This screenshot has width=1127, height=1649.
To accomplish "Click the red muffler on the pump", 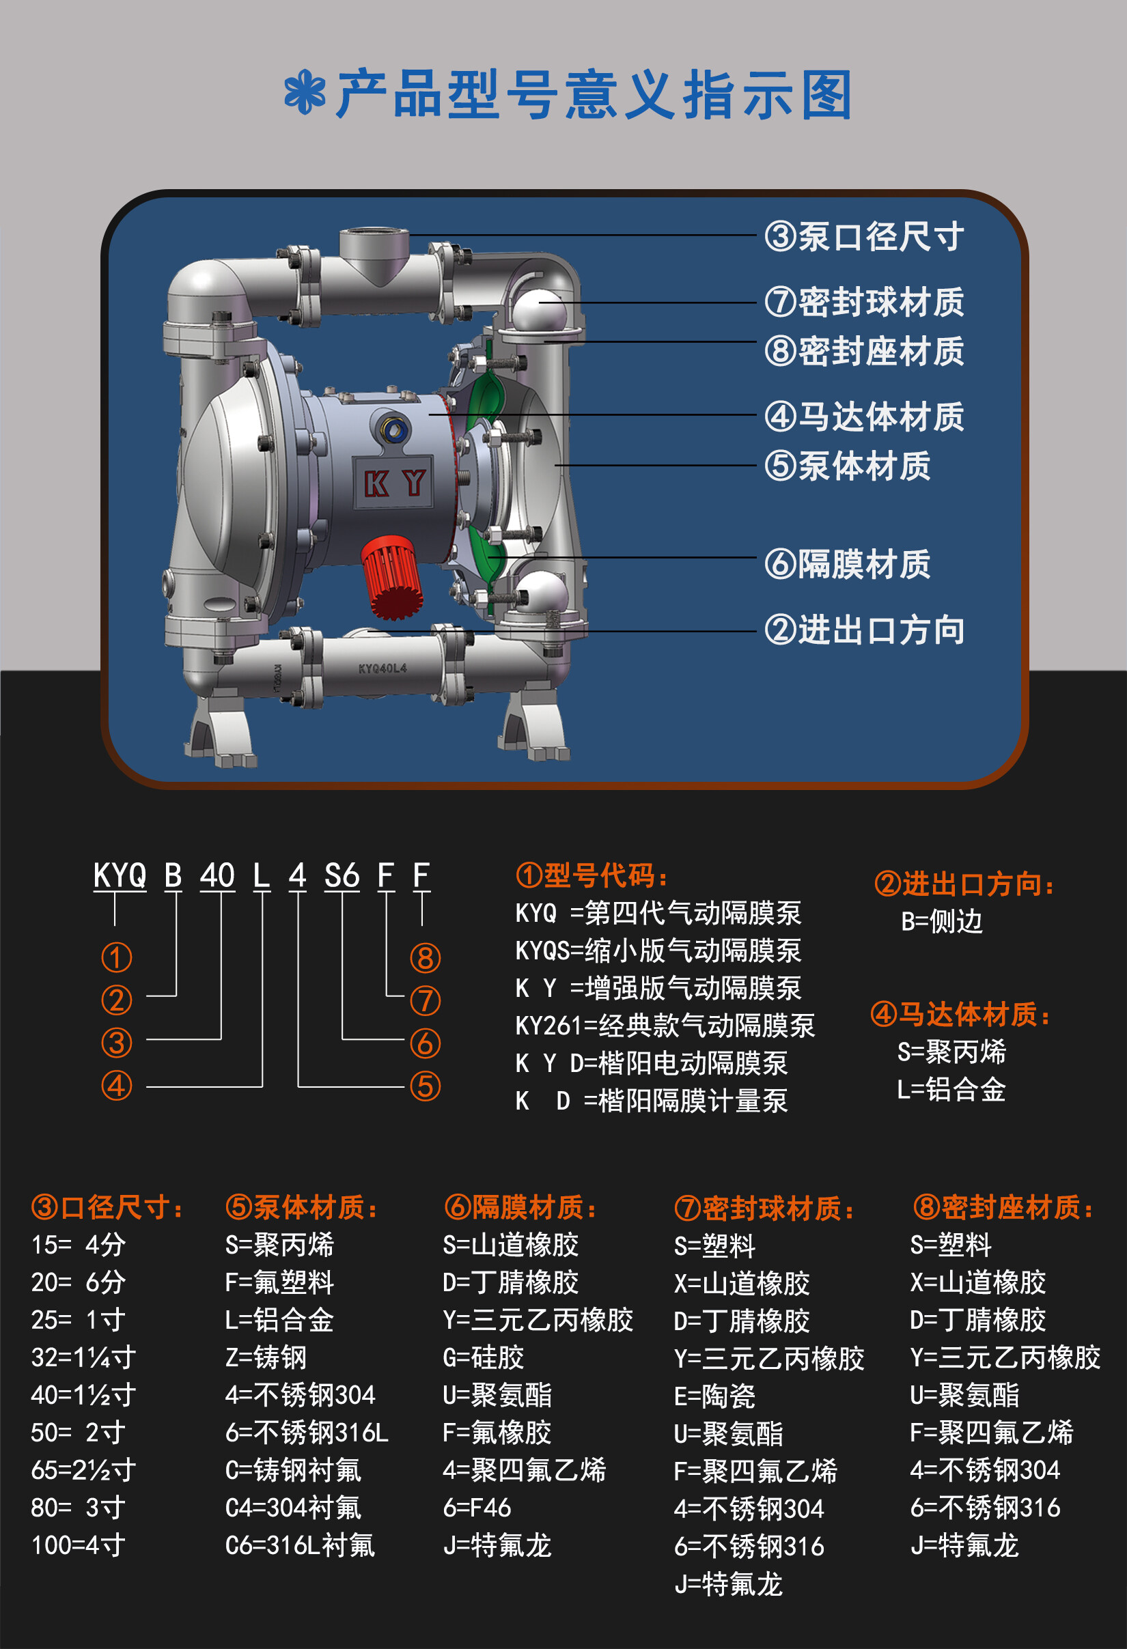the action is click(392, 576).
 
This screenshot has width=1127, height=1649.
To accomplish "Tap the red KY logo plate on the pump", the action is click(394, 483).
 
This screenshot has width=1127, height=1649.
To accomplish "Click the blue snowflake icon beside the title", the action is click(305, 93).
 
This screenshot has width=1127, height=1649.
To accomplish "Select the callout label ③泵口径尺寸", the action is click(865, 236).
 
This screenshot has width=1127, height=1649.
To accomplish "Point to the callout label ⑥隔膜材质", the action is click(848, 564).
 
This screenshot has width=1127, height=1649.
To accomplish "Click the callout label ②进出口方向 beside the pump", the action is click(865, 630).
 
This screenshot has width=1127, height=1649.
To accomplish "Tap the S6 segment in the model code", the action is click(342, 875).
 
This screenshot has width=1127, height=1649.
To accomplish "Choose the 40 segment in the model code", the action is click(217, 875).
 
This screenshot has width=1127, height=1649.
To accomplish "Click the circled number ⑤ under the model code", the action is click(425, 1086).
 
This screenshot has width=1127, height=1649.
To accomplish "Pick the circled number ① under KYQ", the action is click(116, 957).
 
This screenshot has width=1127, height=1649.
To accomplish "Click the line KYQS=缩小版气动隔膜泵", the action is click(658, 950).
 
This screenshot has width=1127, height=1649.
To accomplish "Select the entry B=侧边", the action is click(942, 922).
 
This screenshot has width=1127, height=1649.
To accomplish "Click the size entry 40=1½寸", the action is click(83, 1395).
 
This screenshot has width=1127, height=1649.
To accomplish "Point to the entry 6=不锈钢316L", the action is click(307, 1433).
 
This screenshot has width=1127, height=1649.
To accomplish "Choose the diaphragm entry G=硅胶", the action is click(484, 1357).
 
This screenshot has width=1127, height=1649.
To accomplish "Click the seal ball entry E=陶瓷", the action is click(714, 1396).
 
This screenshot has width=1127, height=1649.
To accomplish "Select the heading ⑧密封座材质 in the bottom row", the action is click(1003, 1207).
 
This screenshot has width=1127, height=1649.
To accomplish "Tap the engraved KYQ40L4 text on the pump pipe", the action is click(382, 668).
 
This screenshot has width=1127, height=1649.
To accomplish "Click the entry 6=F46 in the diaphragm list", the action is click(477, 1508).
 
